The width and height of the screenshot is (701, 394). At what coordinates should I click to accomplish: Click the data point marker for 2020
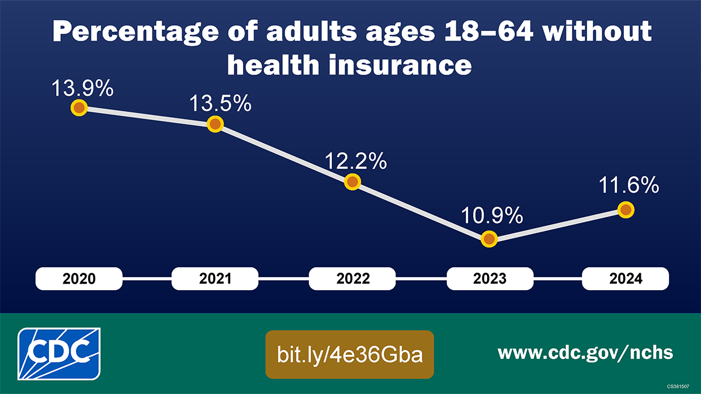point(78,108)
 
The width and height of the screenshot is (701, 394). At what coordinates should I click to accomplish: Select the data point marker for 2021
point(216,124)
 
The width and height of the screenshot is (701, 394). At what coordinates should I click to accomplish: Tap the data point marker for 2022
point(352,182)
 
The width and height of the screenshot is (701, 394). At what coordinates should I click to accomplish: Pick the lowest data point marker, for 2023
point(489,239)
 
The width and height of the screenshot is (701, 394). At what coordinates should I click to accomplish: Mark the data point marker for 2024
point(626,210)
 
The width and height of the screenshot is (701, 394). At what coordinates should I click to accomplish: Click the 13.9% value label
point(82,90)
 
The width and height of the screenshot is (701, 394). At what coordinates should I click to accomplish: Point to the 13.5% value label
point(220,105)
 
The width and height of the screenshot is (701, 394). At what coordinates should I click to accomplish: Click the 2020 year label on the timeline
point(79,279)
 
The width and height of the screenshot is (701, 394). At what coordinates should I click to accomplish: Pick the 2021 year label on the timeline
point(216,279)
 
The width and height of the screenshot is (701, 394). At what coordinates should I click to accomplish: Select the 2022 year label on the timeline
point(353,279)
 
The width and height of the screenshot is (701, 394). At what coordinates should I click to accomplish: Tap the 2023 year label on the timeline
point(490,279)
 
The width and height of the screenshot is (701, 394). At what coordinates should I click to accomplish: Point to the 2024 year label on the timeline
point(626,279)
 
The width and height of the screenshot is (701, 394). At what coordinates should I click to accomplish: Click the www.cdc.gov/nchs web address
point(585,353)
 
